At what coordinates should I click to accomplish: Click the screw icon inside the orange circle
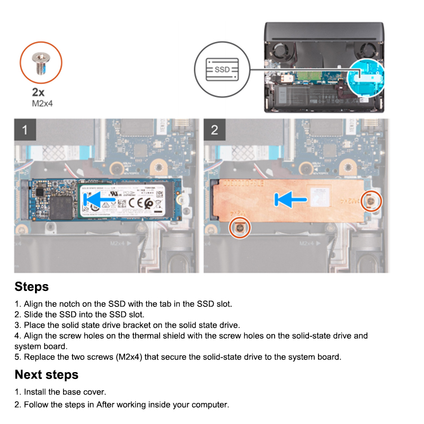41,63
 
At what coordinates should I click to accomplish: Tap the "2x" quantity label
39,92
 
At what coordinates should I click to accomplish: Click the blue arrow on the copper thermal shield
290,200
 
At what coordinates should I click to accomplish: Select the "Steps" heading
32,287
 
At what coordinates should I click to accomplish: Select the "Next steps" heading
47,375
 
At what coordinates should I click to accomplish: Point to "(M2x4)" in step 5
131,357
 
